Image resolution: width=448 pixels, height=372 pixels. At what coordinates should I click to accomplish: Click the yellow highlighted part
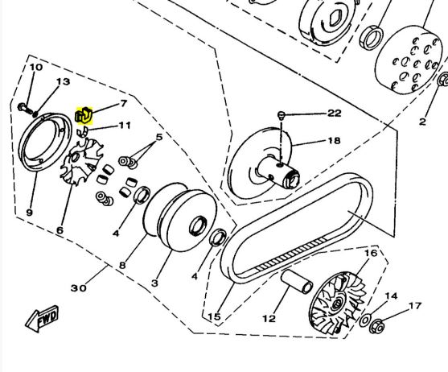[84, 116]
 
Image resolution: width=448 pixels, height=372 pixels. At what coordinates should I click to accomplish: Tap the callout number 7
[123, 103]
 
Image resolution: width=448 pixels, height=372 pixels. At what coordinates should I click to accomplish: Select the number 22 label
[334, 114]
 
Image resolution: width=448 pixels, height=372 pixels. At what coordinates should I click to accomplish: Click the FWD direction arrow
[42, 319]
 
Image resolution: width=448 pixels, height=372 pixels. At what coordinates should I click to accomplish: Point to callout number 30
[78, 287]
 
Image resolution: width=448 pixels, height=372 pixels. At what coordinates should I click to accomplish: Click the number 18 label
[334, 140]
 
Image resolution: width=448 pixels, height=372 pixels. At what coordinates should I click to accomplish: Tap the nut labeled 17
[376, 325]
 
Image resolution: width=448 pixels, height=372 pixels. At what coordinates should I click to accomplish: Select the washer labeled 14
[365, 320]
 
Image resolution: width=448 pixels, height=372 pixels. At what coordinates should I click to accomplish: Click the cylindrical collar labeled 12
[297, 281]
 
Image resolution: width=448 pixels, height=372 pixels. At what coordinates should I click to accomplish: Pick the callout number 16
[371, 253]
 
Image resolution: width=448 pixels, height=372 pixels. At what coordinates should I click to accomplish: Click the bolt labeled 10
[25, 109]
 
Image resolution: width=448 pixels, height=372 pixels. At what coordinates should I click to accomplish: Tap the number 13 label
[63, 82]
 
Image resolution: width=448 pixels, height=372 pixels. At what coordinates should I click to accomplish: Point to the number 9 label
[30, 213]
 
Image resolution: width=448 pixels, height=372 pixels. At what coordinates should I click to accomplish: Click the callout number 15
[214, 316]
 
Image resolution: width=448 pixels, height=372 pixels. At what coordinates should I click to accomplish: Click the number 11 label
[125, 126]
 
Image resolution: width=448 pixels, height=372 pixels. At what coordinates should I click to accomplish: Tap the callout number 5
[159, 137]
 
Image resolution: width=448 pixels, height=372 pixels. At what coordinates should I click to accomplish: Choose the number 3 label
[154, 283]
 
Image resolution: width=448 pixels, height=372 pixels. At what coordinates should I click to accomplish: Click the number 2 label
[422, 122]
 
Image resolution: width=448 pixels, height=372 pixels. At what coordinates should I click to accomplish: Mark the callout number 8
[122, 266]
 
